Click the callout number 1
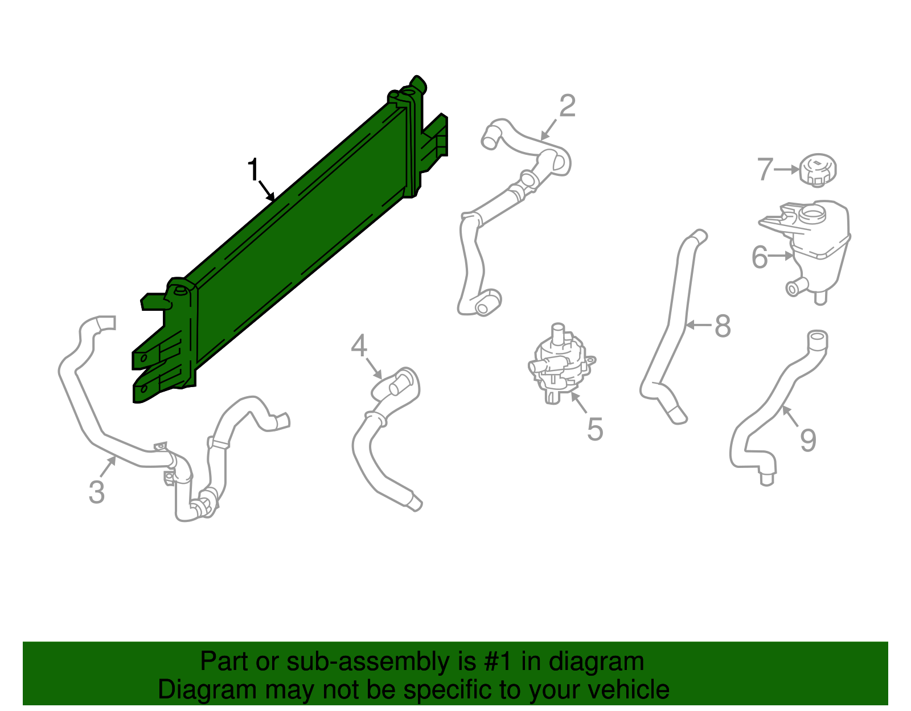(253, 170)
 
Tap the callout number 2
(567, 106)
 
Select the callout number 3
(97, 492)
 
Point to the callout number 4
(359, 346)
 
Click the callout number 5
(595, 429)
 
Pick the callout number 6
(760, 257)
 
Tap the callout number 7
(765, 169)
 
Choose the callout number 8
(723, 326)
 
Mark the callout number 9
(808, 440)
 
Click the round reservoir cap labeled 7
(818, 169)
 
